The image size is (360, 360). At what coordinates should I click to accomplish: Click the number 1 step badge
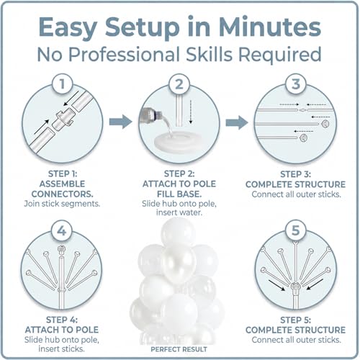pyautogui.click(x=62, y=84)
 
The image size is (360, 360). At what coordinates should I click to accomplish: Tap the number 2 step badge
pyautogui.click(x=179, y=85)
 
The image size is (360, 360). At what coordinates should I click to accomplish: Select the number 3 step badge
pyautogui.click(x=296, y=84)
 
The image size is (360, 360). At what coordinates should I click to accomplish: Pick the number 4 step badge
pyautogui.click(x=62, y=230)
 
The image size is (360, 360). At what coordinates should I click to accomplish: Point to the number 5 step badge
pyautogui.click(x=295, y=230)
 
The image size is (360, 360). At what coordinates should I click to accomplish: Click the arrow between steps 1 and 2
pyautogui.click(x=120, y=122)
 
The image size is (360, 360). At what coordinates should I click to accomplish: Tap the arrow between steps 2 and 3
pyautogui.click(x=237, y=122)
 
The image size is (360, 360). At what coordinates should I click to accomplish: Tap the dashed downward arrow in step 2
pyautogui.click(x=191, y=112)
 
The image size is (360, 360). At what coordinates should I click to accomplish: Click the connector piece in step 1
pyautogui.click(x=63, y=117)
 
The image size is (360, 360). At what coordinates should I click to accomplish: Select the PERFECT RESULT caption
pyautogui.click(x=179, y=349)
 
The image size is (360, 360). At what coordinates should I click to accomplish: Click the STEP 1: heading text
pyautogui.click(x=63, y=174)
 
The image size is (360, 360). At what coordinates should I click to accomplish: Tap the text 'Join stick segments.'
pyautogui.click(x=62, y=204)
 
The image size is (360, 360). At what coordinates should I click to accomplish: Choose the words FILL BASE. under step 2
pyautogui.click(x=179, y=194)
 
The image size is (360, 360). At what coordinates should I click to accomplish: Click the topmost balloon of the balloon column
pyautogui.click(x=178, y=232)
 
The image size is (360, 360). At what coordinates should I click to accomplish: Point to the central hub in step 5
pyautogui.click(x=295, y=287)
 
